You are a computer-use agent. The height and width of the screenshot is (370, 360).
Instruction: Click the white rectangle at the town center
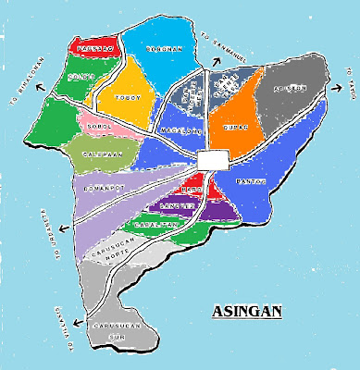[x=212, y=160]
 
